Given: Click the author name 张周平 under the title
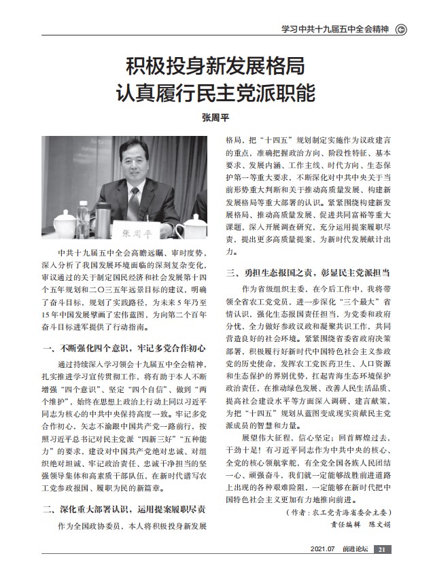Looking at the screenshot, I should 216,117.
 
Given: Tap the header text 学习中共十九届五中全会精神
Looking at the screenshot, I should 334,29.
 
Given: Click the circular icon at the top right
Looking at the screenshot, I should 401,29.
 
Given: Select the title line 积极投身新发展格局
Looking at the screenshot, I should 216,67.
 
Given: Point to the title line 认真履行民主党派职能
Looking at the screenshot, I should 216,92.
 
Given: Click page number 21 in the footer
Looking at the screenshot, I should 383,550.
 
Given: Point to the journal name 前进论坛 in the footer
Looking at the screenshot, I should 356,550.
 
